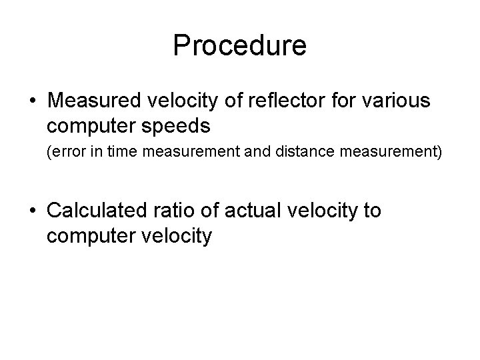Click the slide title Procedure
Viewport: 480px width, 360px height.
[x=239, y=46]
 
